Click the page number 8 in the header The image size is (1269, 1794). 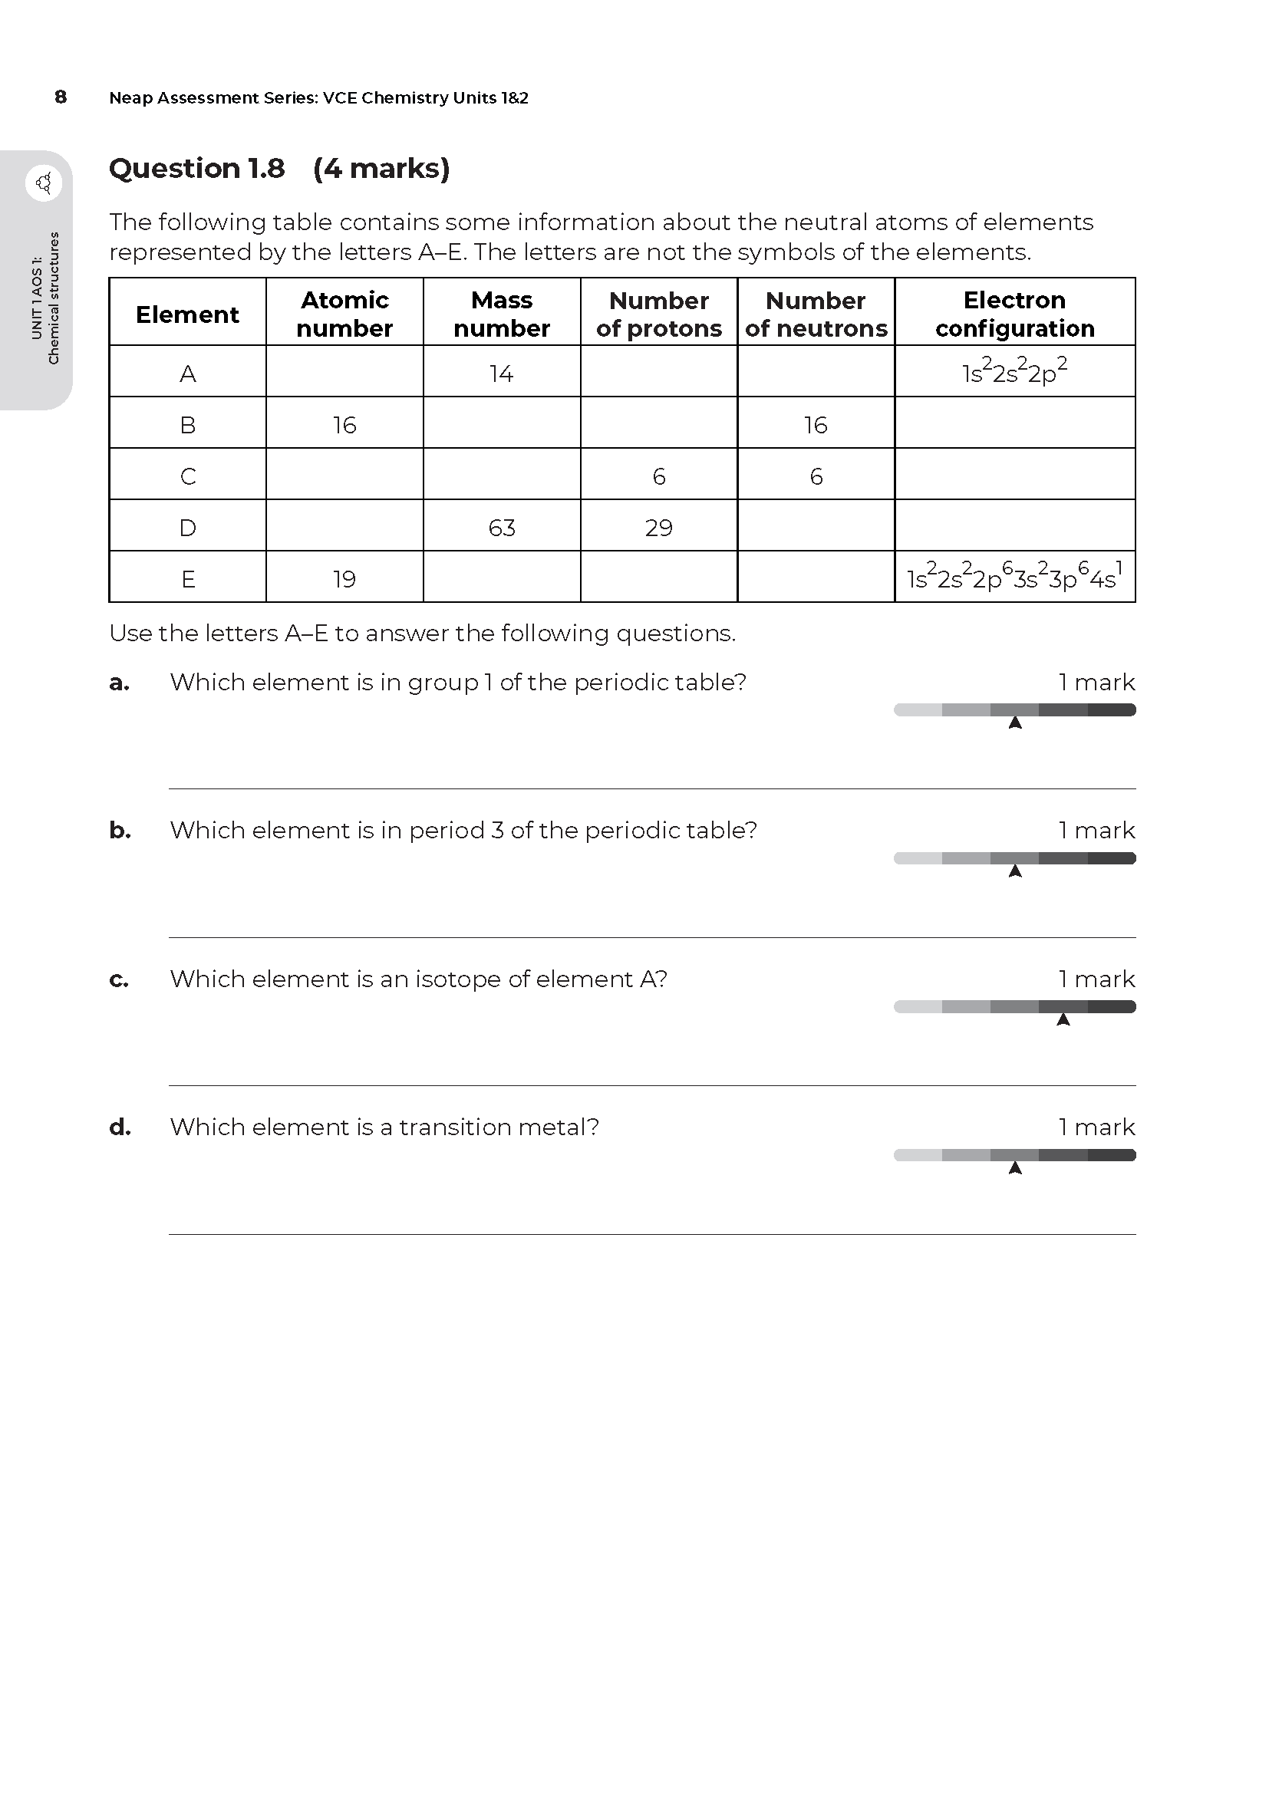pyautogui.click(x=61, y=97)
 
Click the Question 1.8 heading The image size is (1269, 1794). pyautogui.click(x=197, y=168)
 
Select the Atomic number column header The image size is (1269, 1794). pyautogui.click(x=344, y=314)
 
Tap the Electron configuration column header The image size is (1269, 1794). pyautogui.click(x=1014, y=314)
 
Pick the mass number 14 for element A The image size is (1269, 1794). pyautogui.click(x=502, y=374)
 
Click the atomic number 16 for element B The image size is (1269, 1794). pyautogui.click(x=344, y=425)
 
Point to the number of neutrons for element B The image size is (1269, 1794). pyautogui.click(x=816, y=425)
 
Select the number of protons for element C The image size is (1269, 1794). pyautogui.click(x=659, y=476)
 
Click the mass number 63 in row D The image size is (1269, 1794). pyautogui.click(x=502, y=528)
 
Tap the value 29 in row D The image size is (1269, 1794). pyautogui.click(x=659, y=528)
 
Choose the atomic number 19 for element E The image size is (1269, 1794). pyautogui.click(x=344, y=579)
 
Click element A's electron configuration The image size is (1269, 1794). pyautogui.click(x=1014, y=372)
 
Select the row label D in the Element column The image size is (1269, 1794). pyautogui.click(x=187, y=528)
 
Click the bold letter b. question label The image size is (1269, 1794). pyautogui.click(x=120, y=830)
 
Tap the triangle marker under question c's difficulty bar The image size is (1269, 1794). pyautogui.click(x=1063, y=1019)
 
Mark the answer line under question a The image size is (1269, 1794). pyautogui.click(x=651, y=788)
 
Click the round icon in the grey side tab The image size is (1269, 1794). pyautogui.click(x=44, y=183)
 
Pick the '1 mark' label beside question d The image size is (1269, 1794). pyautogui.click(x=1096, y=1127)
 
